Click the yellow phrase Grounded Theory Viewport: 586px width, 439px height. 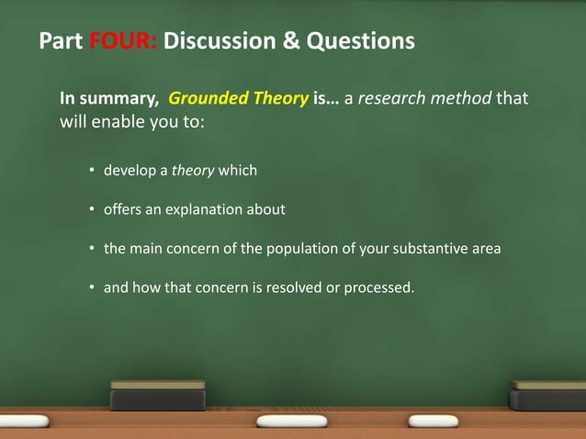click(239, 98)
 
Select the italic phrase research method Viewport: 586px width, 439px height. click(424, 98)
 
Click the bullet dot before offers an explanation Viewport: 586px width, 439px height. click(93, 209)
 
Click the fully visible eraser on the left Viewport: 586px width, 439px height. click(158, 395)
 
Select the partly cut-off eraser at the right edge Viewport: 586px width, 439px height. click(548, 395)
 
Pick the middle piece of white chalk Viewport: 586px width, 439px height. click(291, 421)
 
